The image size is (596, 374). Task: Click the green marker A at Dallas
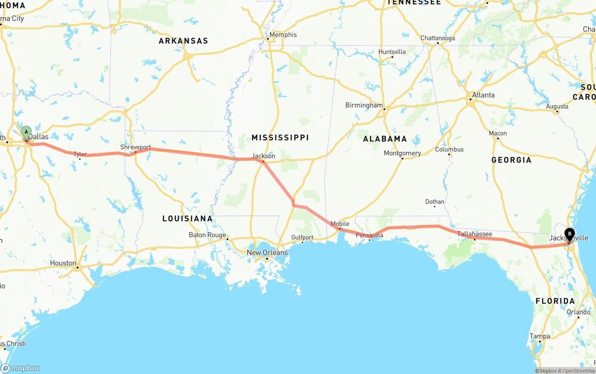26,132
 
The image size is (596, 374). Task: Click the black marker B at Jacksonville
569,234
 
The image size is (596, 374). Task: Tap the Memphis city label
283,35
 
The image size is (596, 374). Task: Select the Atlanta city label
483,95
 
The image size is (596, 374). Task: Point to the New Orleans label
267,253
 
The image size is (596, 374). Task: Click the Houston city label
63,263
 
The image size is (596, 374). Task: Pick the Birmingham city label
364,105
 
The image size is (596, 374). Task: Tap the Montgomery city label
402,153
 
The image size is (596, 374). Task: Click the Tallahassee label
474,234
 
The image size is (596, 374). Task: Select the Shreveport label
135,147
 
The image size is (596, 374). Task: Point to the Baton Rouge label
207,235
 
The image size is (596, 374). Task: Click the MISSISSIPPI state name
280,137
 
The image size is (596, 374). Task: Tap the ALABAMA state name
385,138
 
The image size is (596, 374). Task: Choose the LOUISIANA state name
187,218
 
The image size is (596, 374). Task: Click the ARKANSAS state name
183,41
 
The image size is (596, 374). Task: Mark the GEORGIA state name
511,160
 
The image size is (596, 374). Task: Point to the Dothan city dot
434,206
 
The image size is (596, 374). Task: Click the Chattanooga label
438,38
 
